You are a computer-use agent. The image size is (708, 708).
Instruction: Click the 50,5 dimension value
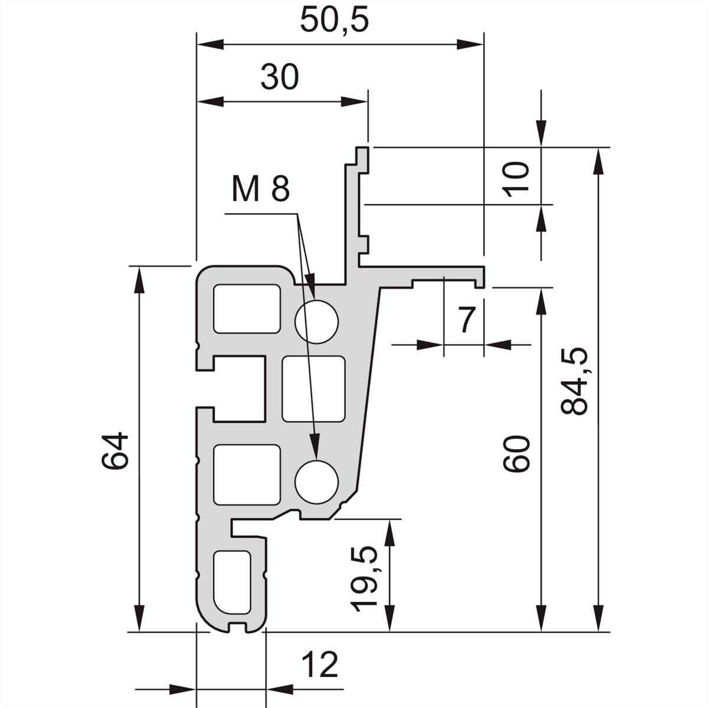[334, 20]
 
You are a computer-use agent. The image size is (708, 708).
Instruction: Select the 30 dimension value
[280, 77]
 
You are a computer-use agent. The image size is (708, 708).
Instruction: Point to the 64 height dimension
[114, 451]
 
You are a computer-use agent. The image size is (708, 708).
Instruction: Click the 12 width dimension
[320, 666]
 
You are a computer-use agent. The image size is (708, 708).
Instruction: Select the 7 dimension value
[466, 320]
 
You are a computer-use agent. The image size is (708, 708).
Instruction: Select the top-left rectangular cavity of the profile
[246, 308]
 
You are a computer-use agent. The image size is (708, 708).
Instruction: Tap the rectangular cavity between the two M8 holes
[313, 388]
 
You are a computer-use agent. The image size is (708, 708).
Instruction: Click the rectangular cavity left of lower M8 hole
[246, 474]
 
